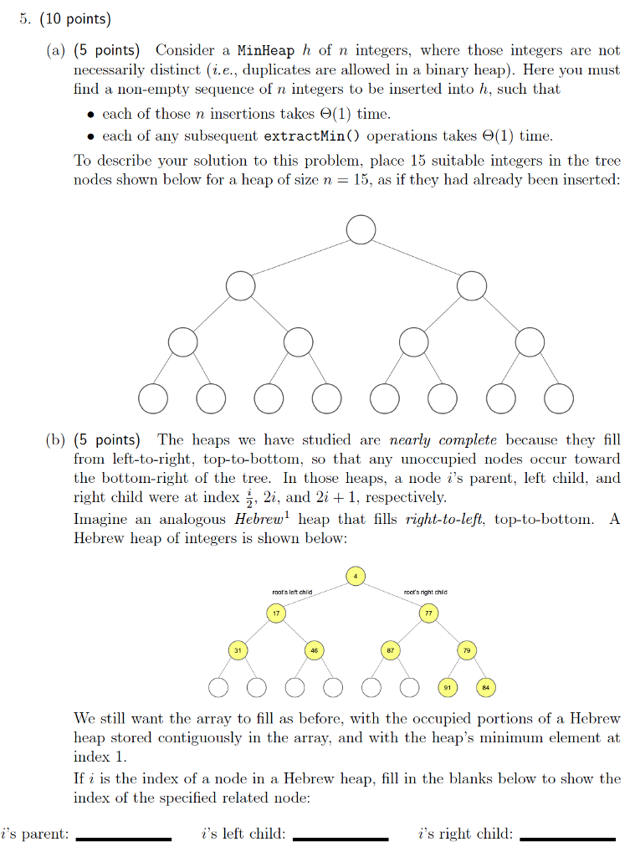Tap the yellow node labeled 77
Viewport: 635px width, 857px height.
429,614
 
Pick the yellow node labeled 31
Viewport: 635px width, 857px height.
238,650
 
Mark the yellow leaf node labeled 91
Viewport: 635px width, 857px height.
448,688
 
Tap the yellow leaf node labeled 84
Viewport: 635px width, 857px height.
485,688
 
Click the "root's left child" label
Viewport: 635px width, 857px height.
292,593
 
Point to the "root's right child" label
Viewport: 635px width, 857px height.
425,593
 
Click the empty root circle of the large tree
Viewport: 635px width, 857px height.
361,229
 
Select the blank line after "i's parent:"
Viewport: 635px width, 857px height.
123,838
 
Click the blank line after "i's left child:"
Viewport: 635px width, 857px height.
341,838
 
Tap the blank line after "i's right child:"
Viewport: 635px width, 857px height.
566,838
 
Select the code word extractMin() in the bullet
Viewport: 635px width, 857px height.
314,136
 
